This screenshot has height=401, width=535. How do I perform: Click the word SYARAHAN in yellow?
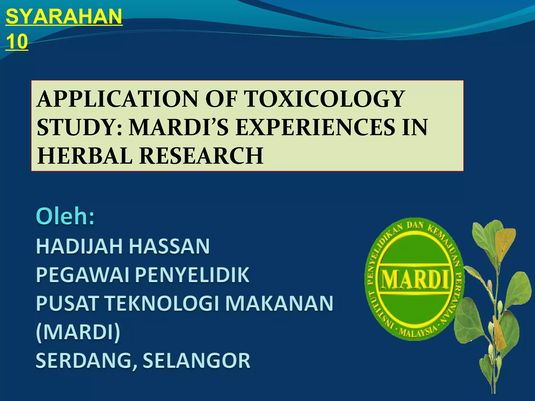(x=64, y=17)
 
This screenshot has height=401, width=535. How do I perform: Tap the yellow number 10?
(x=17, y=42)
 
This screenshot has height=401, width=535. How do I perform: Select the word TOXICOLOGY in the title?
(x=325, y=99)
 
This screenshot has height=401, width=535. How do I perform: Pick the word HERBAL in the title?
(x=85, y=156)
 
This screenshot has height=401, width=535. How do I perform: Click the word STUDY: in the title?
(x=80, y=128)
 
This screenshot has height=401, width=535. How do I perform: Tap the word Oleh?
(x=65, y=217)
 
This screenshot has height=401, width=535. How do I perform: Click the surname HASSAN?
(x=170, y=246)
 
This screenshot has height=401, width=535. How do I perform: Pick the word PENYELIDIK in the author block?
(x=192, y=275)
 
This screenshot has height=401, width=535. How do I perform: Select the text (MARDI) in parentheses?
(x=78, y=332)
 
